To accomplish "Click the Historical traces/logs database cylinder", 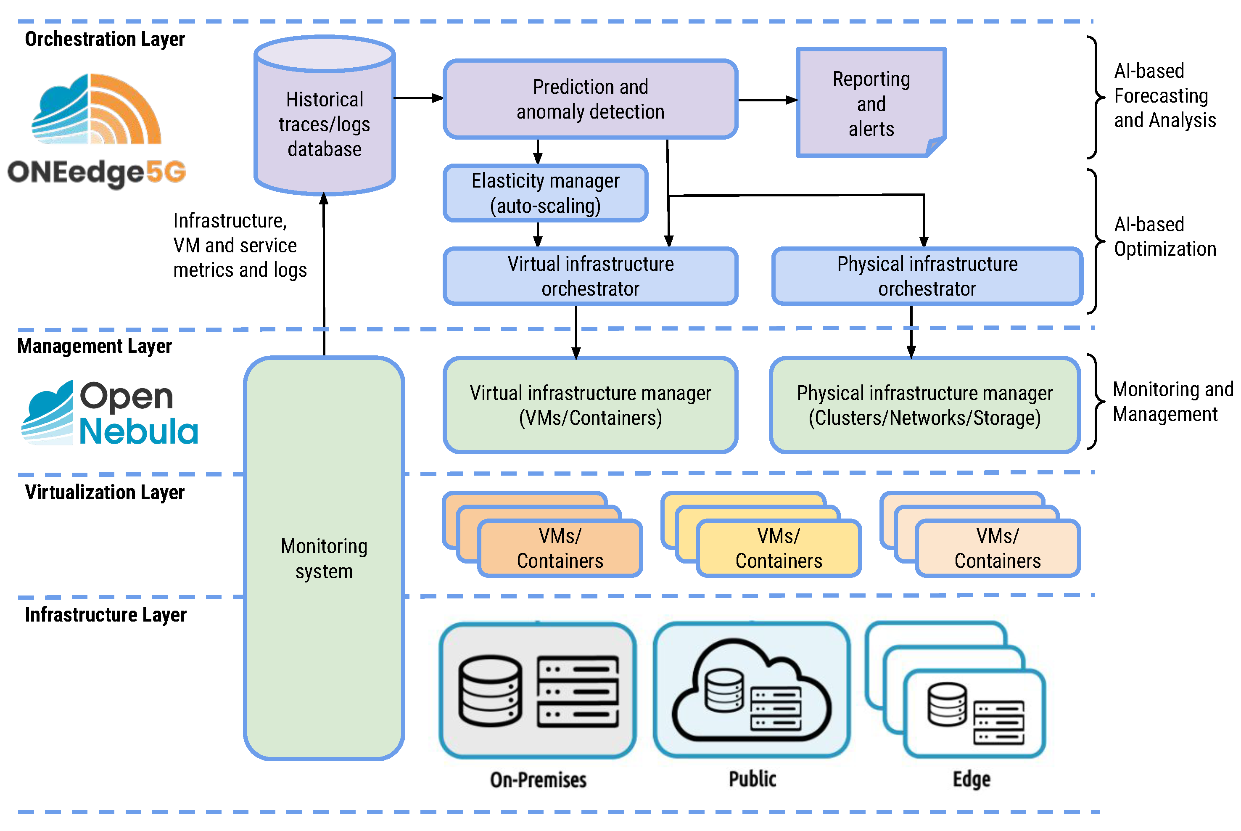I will click(324, 124).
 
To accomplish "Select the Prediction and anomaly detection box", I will click(590, 99).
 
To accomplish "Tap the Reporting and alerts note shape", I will click(870, 103).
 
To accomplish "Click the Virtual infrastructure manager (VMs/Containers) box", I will click(590, 405).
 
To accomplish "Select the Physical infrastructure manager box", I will click(924, 405).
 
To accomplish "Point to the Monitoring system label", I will click(324, 558).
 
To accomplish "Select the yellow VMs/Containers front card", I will click(778, 548).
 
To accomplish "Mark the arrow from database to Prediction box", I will click(418, 98).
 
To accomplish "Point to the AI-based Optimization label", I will click(1164, 236).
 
